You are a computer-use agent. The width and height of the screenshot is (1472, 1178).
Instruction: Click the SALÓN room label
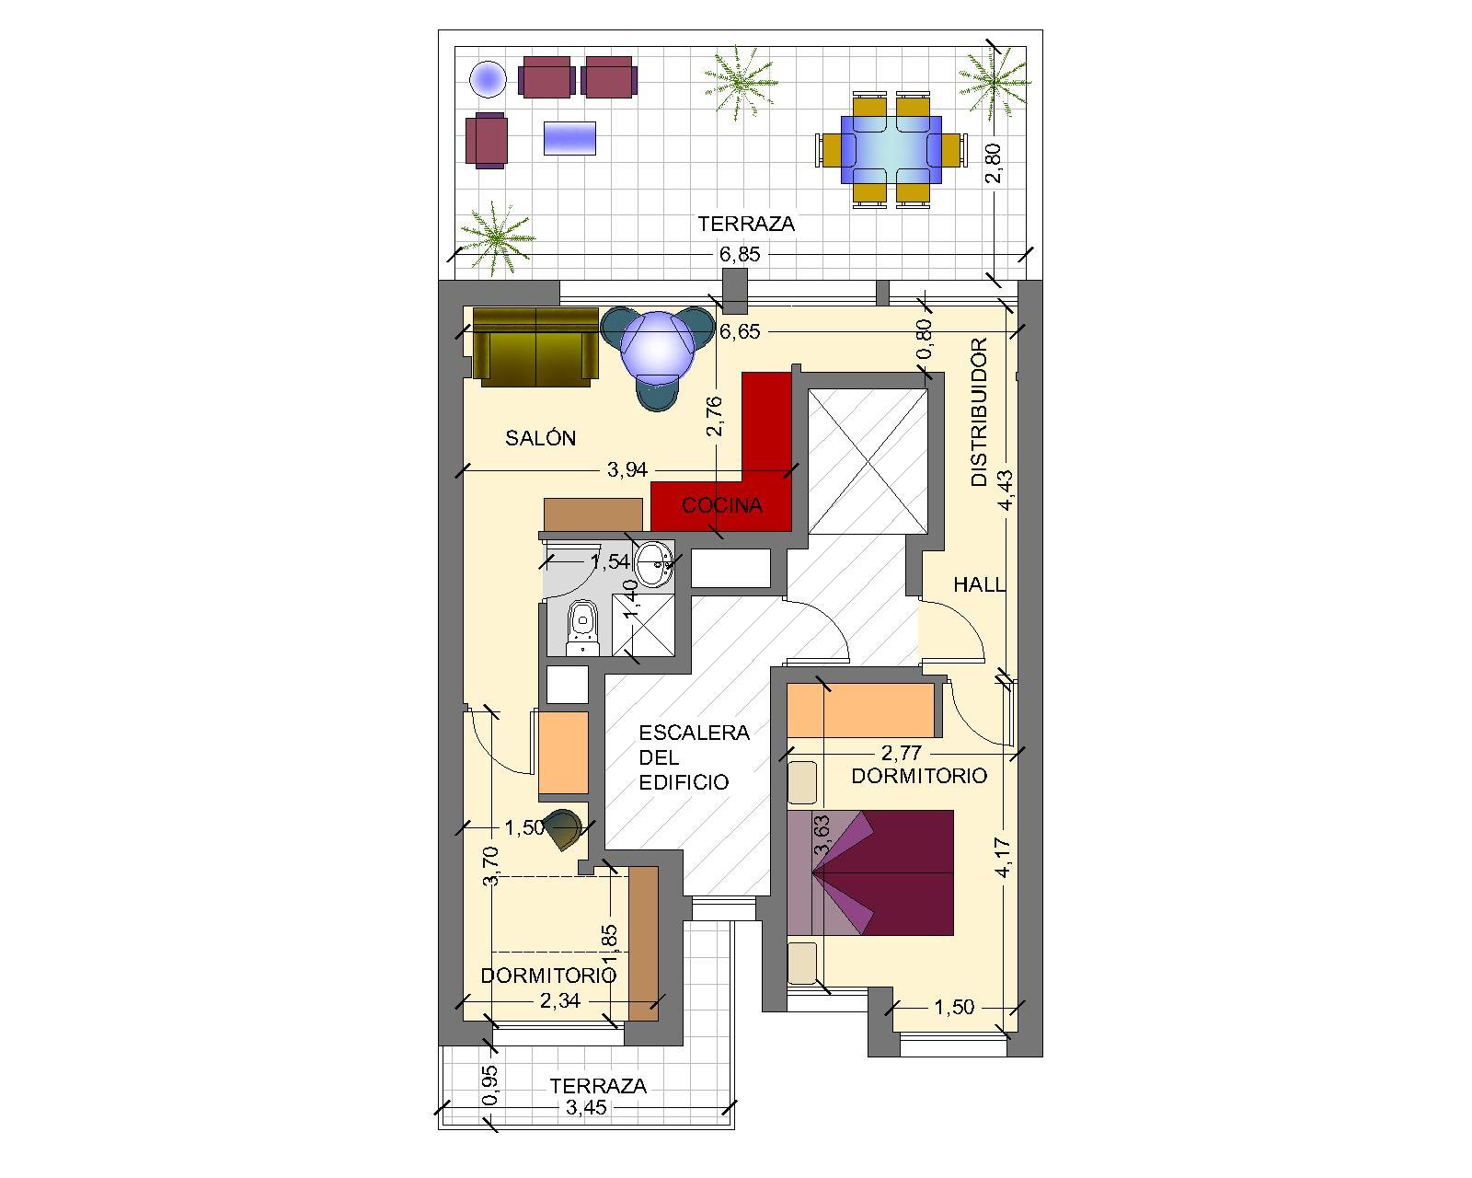coord(540,437)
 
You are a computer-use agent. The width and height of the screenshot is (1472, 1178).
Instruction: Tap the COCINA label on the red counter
coord(721,505)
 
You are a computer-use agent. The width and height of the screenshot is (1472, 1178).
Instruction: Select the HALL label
coord(979,584)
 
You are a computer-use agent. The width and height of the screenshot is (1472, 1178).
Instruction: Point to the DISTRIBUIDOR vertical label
coord(980,412)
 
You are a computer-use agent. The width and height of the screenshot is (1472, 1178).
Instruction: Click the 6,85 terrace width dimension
coord(740,255)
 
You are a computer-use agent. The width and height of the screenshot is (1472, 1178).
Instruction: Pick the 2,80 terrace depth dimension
coord(994,163)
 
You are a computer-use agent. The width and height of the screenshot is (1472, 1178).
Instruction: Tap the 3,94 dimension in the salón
coord(627,469)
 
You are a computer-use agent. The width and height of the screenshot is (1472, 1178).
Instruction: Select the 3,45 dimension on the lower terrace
coord(586,1107)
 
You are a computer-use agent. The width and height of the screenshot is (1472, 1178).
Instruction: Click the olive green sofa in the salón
coord(535,347)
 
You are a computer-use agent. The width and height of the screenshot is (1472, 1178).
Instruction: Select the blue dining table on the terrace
coord(891,150)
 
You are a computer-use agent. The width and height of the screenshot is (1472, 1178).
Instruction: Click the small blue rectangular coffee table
coord(569,138)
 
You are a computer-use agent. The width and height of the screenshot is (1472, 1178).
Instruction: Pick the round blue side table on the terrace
coord(488,79)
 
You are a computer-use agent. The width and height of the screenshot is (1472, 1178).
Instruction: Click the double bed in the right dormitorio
coord(870,872)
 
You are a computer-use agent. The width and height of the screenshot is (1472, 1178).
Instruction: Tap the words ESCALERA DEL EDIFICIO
coord(694,757)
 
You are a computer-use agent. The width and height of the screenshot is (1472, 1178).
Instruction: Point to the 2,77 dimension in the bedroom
coord(901,753)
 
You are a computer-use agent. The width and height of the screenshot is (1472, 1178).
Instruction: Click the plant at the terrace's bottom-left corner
coord(496,238)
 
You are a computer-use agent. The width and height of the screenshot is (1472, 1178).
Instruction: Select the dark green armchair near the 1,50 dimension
coord(564,829)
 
